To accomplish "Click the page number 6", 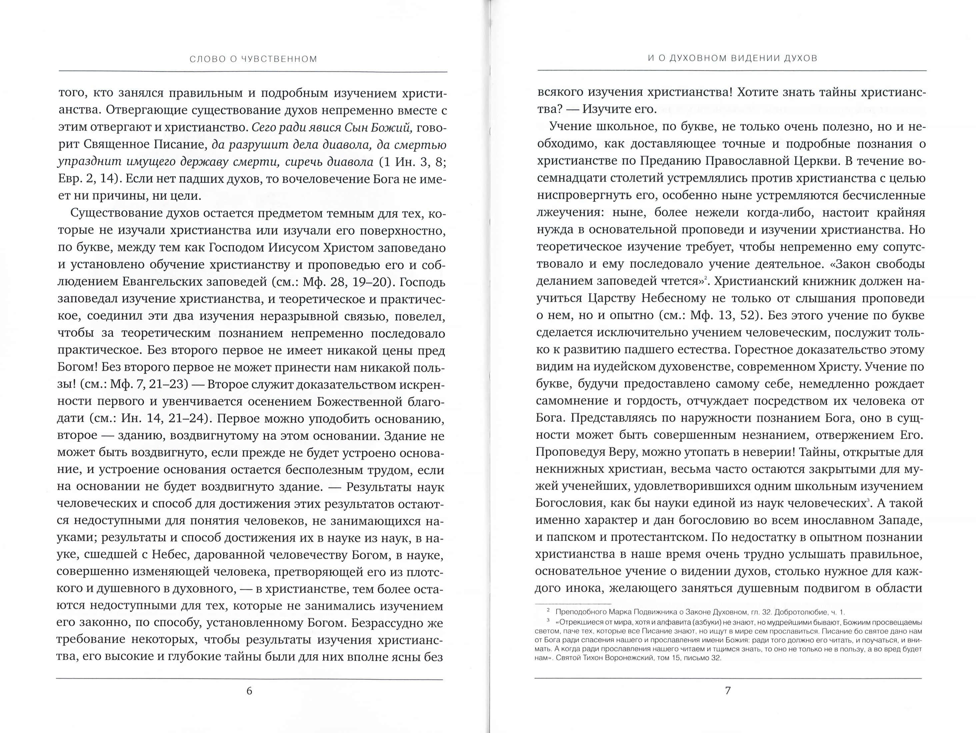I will (249, 691).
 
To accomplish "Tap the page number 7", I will (728, 691).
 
